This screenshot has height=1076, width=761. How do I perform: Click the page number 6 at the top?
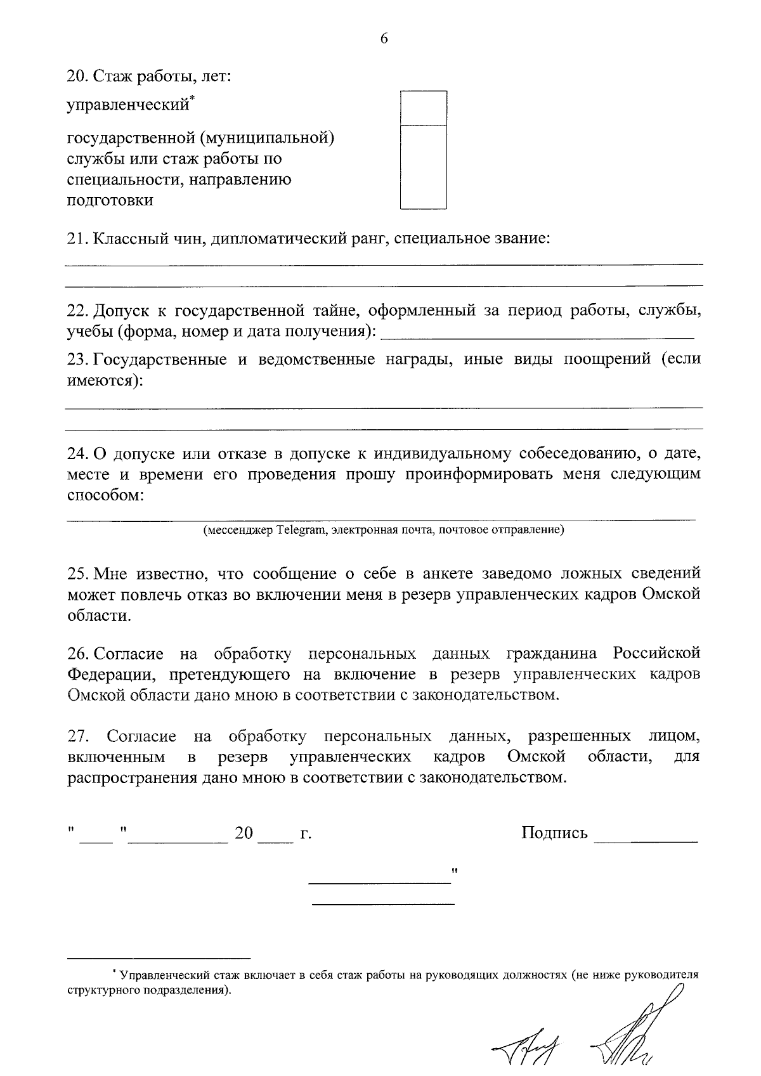pos(384,39)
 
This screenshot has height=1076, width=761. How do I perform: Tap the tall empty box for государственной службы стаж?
pos(423,167)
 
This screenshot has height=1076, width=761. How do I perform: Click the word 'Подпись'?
pos(554,833)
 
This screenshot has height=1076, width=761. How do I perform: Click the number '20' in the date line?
pos(244,833)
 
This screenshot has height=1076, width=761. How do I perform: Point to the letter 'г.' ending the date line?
pos(306,834)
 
